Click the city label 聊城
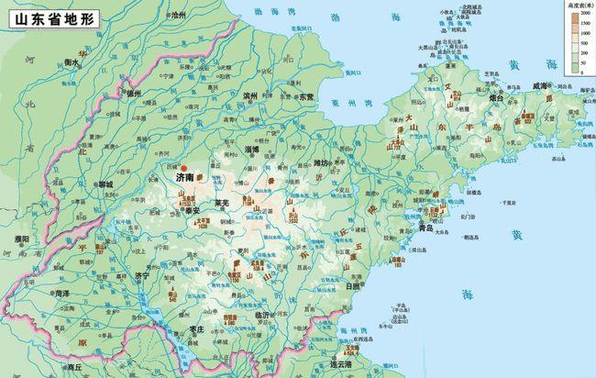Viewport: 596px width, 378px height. (x=103, y=183)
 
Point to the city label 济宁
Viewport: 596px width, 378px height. (x=140, y=274)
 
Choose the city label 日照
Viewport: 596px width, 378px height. (x=351, y=286)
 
